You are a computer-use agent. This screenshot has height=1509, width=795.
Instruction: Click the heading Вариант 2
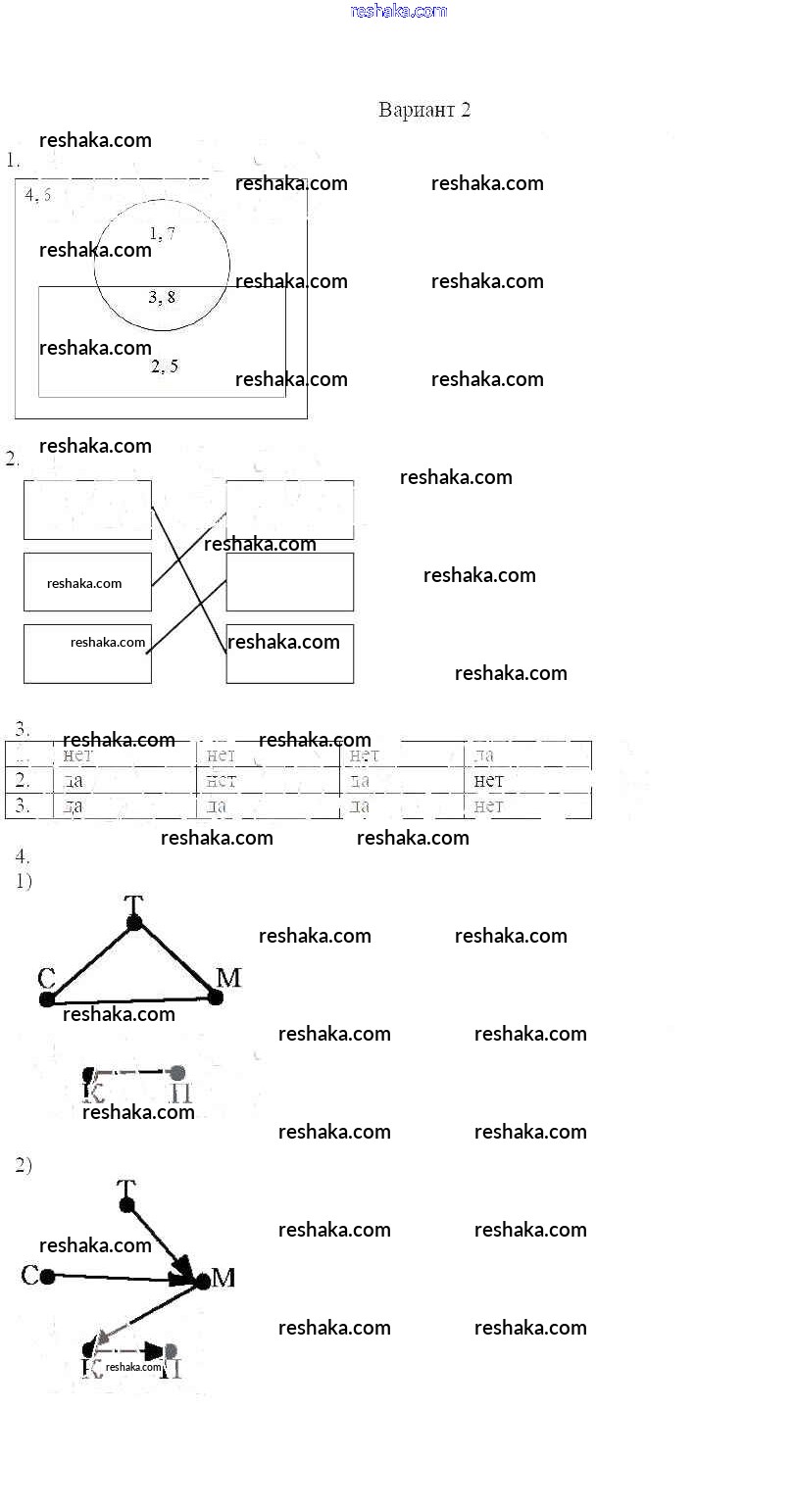point(423,110)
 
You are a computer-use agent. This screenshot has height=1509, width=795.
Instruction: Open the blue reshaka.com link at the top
point(398,11)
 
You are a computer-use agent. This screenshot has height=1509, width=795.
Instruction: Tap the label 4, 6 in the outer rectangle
point(38,194)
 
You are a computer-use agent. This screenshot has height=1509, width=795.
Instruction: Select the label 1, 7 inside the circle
point(162,233)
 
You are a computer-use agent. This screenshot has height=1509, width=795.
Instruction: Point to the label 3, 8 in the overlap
point(162,296)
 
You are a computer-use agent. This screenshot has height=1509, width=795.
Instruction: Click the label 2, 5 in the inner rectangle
point(164,366)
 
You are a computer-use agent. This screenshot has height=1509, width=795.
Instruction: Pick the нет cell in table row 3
point(488,805)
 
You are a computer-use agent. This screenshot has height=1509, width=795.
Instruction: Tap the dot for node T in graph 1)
point(134,922)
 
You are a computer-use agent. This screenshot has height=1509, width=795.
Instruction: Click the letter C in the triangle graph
point(45,977)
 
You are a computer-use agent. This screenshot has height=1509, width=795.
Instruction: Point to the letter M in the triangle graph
point(227,977)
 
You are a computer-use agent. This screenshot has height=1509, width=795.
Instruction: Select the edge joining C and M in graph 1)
point(131,999)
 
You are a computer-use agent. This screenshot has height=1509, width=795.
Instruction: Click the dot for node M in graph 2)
point(202,1280)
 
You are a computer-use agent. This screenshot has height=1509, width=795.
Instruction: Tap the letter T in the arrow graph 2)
point(125,1188)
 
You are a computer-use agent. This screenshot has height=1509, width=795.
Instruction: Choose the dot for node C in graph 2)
point(47,1275)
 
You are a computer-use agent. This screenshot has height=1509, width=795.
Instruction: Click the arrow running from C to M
point(118,1277)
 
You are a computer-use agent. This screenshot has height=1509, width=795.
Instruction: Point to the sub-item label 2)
point(24,1165)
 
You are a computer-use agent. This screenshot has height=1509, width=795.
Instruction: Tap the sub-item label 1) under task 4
point(24,881)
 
